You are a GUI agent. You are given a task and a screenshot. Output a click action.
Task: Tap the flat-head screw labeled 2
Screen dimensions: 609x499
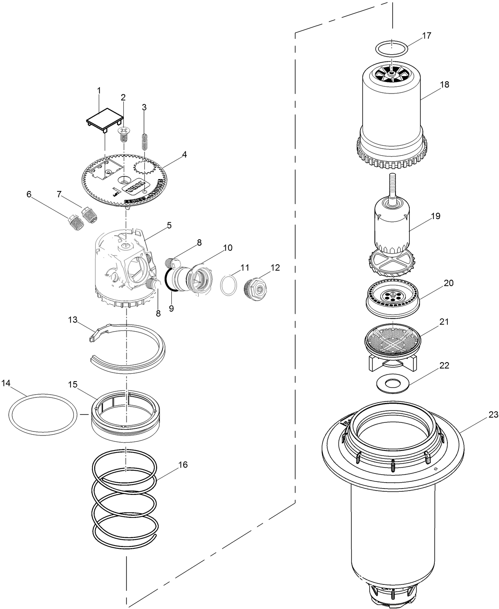click(x=124, y=134)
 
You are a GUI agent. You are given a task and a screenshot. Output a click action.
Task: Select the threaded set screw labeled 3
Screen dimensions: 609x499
click(x=145, y=141)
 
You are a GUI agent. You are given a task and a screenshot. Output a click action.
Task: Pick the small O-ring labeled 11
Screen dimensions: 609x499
click(x=229, y=285)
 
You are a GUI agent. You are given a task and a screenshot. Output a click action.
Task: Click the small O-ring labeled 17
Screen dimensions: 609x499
click(x=392, y=48)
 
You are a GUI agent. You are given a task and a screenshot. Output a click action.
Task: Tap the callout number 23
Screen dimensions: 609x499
click(x=493, y=415)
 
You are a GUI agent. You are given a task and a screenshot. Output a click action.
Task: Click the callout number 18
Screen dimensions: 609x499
click(x=444, y=84)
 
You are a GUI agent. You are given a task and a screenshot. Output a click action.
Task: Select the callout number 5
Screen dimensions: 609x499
click(x=169, y=225)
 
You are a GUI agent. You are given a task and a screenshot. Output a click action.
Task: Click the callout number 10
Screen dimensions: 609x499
click(x=227, y=248)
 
